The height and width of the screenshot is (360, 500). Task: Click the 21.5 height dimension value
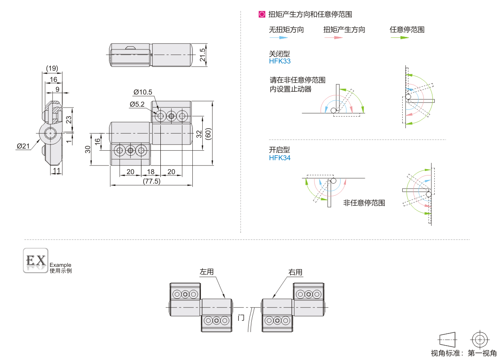[x=203, y=55]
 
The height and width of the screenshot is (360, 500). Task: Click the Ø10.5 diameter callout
[x=143, y=92]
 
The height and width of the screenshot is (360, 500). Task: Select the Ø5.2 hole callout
[x=137, y=104]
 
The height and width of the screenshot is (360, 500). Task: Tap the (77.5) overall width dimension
[x=151, y=181]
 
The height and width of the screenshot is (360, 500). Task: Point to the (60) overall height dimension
[x=208, y=133]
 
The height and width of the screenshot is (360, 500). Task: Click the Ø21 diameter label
[x=23, y=146]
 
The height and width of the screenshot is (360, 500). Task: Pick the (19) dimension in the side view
[x=52, y=68]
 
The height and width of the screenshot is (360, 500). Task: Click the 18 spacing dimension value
[x=151, y=172]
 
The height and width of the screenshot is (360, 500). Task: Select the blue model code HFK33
[x=280, y=61]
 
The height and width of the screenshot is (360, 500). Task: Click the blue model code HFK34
[x=280, y=158]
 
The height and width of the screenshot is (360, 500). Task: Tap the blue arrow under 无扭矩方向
[x=278, y=38]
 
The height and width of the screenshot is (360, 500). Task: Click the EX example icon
[x=36, y=261]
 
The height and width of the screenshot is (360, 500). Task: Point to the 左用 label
[x=207, y=272]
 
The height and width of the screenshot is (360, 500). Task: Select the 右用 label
[x=295, y=272]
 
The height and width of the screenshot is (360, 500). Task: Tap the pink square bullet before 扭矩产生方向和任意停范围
[x=262, y=14]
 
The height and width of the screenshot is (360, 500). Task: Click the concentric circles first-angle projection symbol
[x=479, y=339]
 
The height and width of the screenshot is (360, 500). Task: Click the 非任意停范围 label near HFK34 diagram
[x=364, y=203]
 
